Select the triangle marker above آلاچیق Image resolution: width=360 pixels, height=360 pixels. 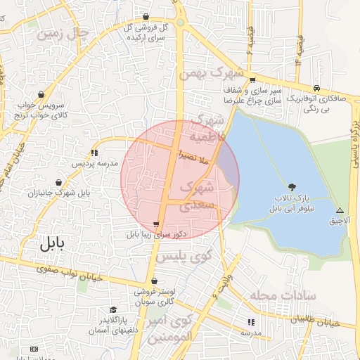[x=340, y=210]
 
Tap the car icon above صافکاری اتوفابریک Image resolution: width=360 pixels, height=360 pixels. [x=318, y=88]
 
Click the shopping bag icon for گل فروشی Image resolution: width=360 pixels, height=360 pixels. [x=146, y=16]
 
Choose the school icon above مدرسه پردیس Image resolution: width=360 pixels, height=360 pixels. [x=94, y=152]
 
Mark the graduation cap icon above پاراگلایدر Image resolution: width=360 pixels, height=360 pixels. [x=112, y=310]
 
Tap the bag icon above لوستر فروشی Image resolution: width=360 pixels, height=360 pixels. [x=154, y=281]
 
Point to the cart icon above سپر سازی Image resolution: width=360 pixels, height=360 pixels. [x=252, y=79]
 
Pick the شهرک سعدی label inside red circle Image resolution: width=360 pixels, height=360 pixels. [x=196, y=197]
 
